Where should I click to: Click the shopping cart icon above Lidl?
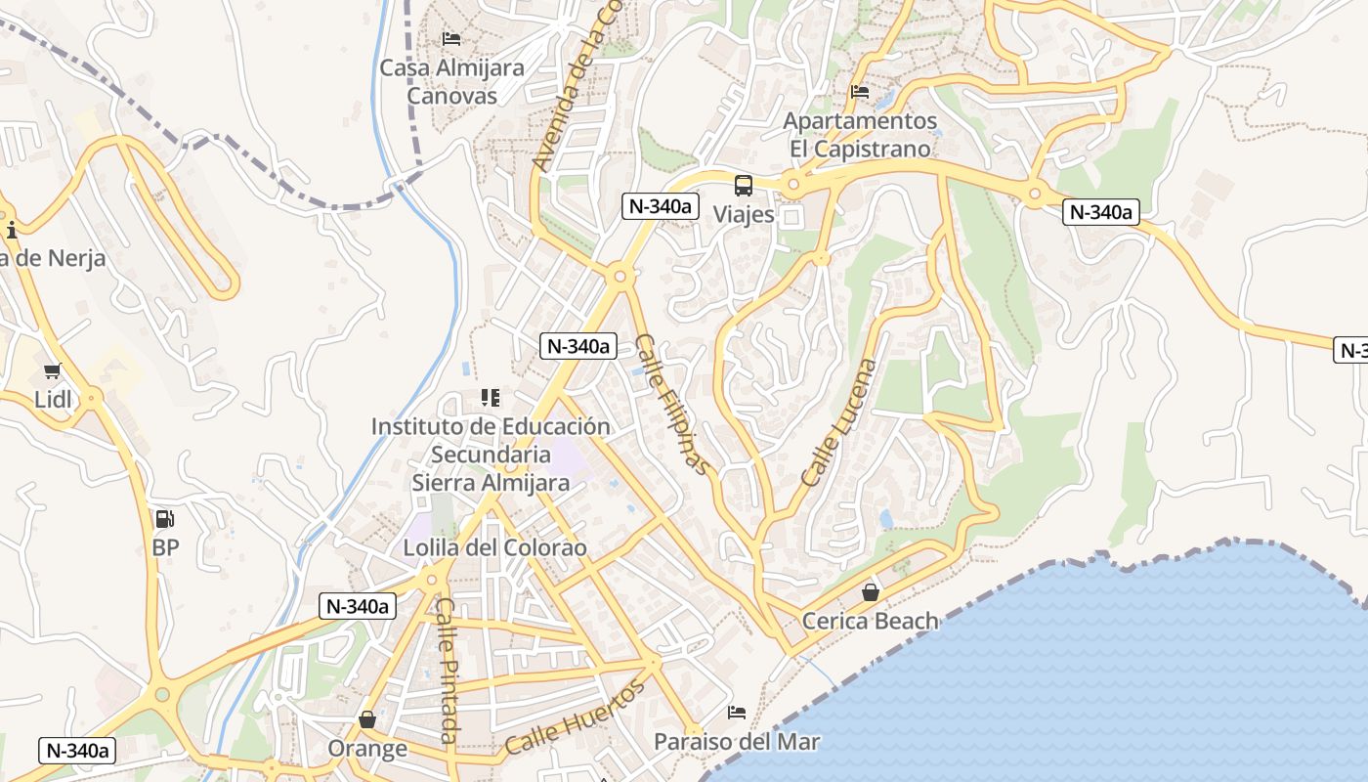(x=53, y=371)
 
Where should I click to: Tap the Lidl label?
(x=53, y=400)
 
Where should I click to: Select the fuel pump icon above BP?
(x=165, y=519)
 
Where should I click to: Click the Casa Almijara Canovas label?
(x=451, y=82)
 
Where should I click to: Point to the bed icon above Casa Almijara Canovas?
(x=451, y=39)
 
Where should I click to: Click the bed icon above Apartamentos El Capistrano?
(x=860, y=92)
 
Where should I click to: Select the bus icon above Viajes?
(x=744, y=185)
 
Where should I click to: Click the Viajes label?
(x=744, y=214)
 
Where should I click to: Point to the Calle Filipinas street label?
(x=672, y=404)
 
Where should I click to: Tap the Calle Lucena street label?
(x=839, y=422)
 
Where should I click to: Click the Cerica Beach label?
(x=870, y=621)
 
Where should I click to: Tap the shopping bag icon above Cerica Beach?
(x=870, y=592)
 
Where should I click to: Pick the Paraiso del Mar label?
(x=737, y=742)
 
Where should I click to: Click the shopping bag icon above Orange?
(x=367, y=720)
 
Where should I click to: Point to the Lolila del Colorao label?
(x=495, y=547)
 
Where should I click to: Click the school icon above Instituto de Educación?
(x=491, y=398)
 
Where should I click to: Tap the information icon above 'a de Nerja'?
(x=12, y=231)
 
